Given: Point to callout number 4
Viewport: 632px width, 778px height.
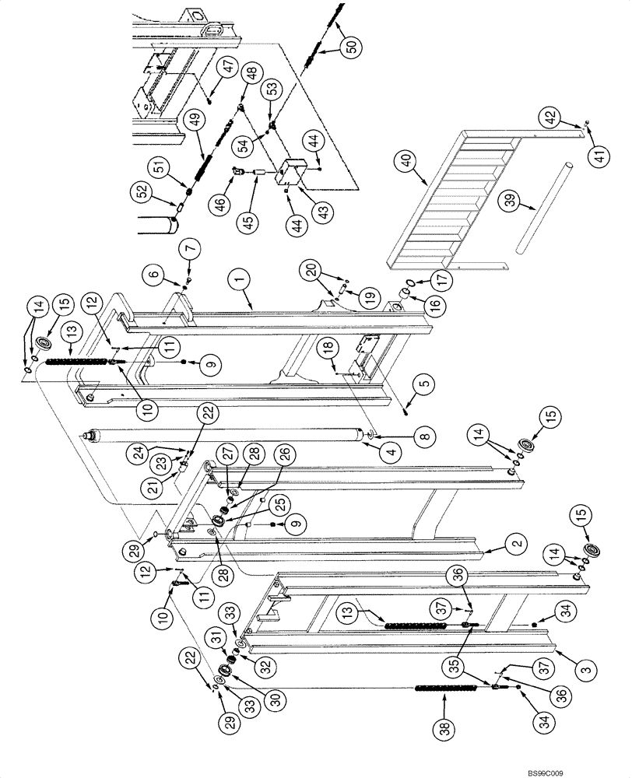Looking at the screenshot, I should [391, 447].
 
